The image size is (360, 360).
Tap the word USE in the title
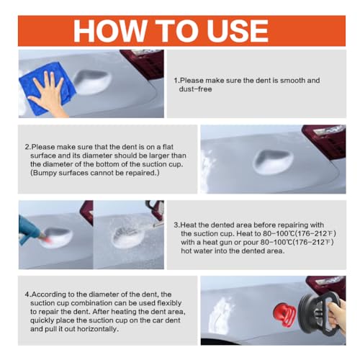click(x=238, y=31)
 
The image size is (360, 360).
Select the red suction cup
click(x=285, y=314)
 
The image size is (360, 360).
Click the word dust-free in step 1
click(x=195, y=89)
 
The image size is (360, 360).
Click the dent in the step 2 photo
click(x=273, y=163)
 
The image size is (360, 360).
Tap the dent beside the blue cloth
click(x=92, y=82)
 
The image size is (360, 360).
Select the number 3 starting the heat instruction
click(x=176, y=225)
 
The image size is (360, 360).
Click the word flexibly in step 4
click(x=169, y=303)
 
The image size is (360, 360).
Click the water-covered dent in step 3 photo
click(x=128, y=235)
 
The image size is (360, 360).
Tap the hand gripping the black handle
click(x=337, y=315)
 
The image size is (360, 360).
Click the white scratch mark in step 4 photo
click(x=220, y=315)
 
